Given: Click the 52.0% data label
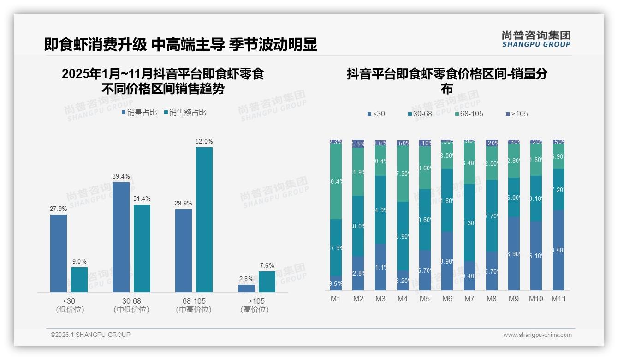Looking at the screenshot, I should [204, 142].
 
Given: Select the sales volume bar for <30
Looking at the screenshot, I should [59, 253].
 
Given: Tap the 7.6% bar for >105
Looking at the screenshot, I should [267, 282].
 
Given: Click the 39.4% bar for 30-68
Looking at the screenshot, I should [121, 237].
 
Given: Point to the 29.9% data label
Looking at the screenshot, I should [184, 204].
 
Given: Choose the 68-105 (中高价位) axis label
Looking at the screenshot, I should [194, 305].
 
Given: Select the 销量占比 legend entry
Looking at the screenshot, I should [139, 113].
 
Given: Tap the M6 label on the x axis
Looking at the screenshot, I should [447, 299].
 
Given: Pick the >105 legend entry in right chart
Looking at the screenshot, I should [517, 114].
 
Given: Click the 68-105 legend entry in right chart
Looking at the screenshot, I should [469, 114].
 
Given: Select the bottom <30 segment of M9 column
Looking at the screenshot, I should [514, 254].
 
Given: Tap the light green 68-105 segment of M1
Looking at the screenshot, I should [336, 182].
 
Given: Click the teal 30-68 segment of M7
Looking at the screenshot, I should [469, 222].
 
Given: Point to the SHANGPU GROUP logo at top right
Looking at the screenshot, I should [536, 39].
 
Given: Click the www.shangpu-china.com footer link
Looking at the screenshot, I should [537, 335].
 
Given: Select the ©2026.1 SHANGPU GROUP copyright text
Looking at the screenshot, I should [90, 335].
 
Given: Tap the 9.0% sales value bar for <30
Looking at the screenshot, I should [79, 280].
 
